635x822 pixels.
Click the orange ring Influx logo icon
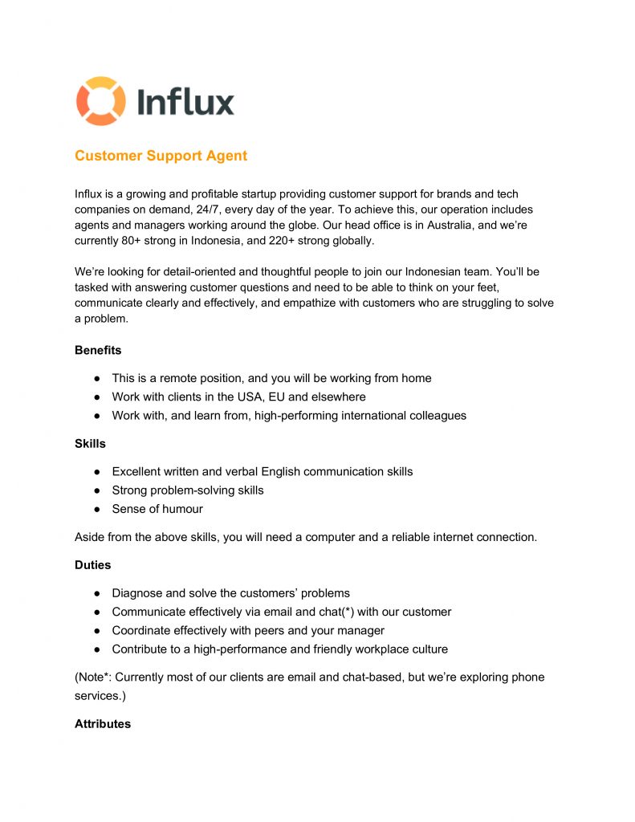click(101, 101)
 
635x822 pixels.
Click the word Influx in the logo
click(185, 102)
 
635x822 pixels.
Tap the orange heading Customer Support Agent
click(161, 156)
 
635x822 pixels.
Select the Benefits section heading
click(98, 350)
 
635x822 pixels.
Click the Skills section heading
click(90, 443)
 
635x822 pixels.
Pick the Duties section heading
click(93, 565)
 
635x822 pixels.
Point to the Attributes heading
click(103, 723)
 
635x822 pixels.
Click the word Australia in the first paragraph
click(460, 225)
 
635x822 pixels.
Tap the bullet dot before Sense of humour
click(96, 509)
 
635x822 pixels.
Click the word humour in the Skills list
click(181, 509)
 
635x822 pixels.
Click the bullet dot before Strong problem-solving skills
click(96, 490)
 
